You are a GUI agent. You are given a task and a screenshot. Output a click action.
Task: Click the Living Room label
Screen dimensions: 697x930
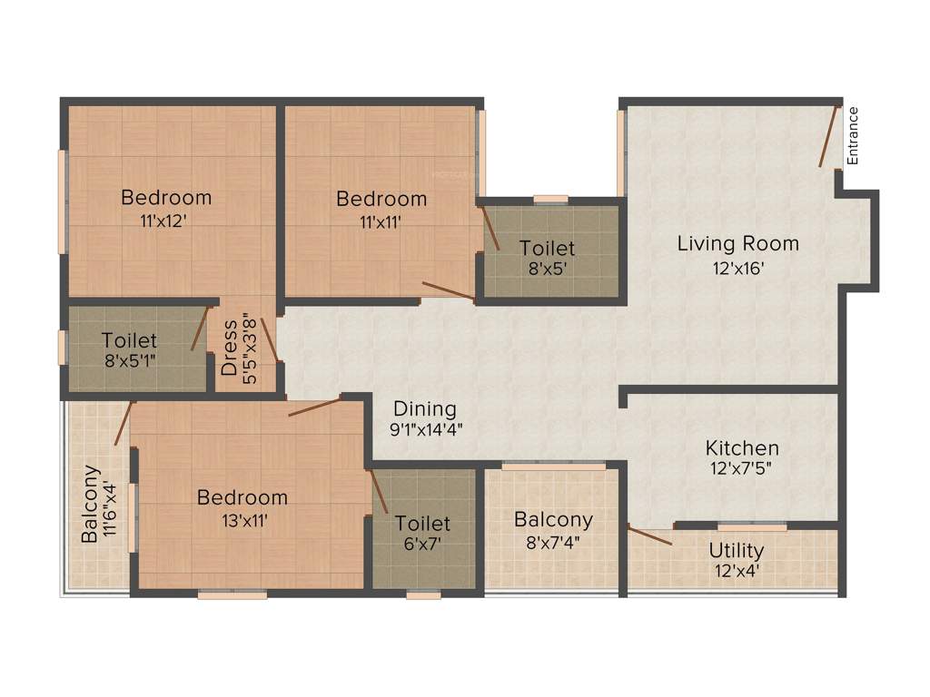[x=737, y=243]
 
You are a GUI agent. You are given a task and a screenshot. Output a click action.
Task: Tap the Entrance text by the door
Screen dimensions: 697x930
[x=852, y=136]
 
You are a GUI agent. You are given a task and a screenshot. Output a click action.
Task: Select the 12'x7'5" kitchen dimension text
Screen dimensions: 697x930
[x=742, y=471]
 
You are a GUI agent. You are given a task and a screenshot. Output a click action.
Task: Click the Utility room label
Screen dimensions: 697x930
[x=736, y=550]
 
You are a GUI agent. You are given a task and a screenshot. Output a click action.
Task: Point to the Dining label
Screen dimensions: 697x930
[x=425, y=409]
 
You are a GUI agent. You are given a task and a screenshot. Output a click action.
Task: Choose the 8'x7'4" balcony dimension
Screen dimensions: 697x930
[x=553, y=543]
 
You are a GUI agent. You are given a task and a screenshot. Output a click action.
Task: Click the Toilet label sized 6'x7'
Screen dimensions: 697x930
[x=422, y=524]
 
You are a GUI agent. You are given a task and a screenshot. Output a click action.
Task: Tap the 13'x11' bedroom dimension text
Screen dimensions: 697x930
[x=242, y=520]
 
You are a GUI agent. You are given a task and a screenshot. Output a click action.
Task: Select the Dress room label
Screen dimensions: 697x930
[x=230, y=348]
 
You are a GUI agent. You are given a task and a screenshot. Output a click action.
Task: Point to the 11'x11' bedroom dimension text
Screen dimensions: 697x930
[x=381, y=221]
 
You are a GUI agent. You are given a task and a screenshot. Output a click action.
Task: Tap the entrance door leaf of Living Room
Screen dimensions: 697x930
[x=828, y=137]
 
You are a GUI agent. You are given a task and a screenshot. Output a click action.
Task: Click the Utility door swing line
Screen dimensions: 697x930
[x=649, y=536]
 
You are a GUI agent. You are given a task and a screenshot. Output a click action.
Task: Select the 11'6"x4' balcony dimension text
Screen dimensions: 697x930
[x=111, y=504]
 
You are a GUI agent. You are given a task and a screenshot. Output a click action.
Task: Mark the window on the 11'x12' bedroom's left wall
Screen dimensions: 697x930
[x=63, y=201]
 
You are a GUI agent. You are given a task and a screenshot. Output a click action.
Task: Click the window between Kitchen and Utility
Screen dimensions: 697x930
[x=752, y=526]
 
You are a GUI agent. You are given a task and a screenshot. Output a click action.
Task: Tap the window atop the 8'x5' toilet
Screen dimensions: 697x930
[x=550, y=200]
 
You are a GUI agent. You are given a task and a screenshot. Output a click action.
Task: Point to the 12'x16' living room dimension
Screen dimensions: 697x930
[x=737, y=268]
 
